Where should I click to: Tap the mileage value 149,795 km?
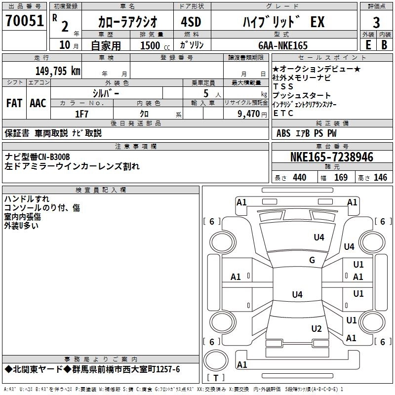58,70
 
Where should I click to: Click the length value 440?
299,178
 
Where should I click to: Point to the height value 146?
380,178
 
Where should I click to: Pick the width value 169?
341,178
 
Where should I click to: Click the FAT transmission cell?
14,103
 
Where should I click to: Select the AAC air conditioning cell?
38,103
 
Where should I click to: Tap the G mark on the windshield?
312,260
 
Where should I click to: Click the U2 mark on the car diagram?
316,329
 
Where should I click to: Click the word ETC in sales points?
283,113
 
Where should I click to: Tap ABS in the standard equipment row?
283,133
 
